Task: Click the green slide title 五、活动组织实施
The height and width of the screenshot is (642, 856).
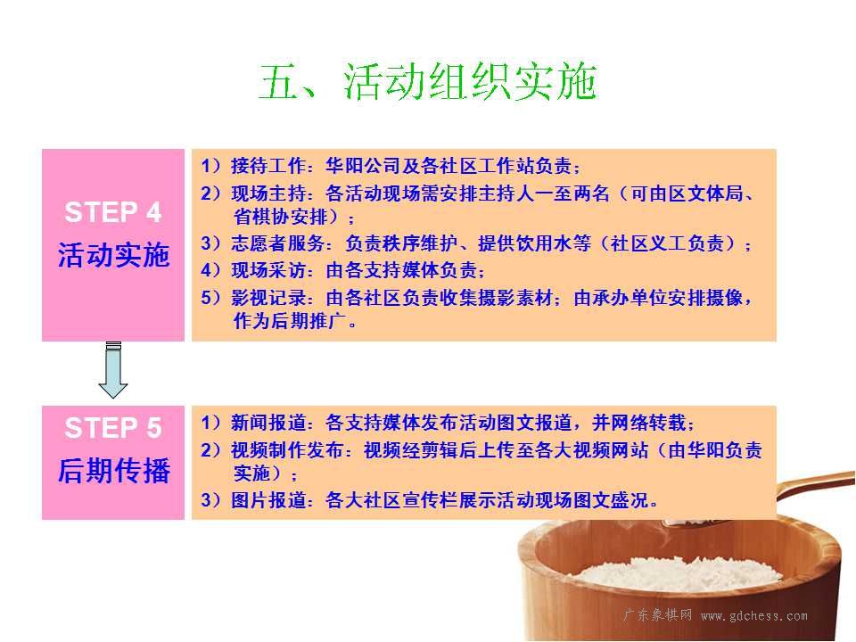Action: click(427, 81)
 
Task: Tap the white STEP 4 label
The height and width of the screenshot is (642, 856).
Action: click(113, 212)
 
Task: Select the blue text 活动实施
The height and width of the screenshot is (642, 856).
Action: click(113, 255)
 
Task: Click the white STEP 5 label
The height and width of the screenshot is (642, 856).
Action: click(113, 427)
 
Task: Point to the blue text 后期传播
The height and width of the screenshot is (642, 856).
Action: click(113, 470)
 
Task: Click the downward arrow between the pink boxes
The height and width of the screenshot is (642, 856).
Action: click(113, 369)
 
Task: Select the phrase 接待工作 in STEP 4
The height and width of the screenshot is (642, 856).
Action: click(268, 166)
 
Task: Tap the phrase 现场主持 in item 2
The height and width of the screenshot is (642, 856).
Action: click(268, 193)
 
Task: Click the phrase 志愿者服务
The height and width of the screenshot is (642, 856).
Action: click(278, 243)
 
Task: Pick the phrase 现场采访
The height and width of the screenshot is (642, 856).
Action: click(268, 269)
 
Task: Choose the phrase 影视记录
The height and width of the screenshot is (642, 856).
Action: click(268, 298)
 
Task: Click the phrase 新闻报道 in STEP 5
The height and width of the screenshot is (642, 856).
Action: click(268, 422)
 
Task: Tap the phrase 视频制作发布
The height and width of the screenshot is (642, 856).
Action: click(287, 449)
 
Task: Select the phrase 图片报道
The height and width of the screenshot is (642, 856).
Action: click(268, 499)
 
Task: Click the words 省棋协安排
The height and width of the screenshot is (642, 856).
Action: click(281, 217)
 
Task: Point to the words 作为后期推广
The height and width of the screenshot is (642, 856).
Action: click(290, 320)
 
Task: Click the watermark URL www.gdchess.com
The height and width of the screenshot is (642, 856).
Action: click(754, 616)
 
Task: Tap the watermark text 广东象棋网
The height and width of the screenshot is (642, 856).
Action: click(658, 615)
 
